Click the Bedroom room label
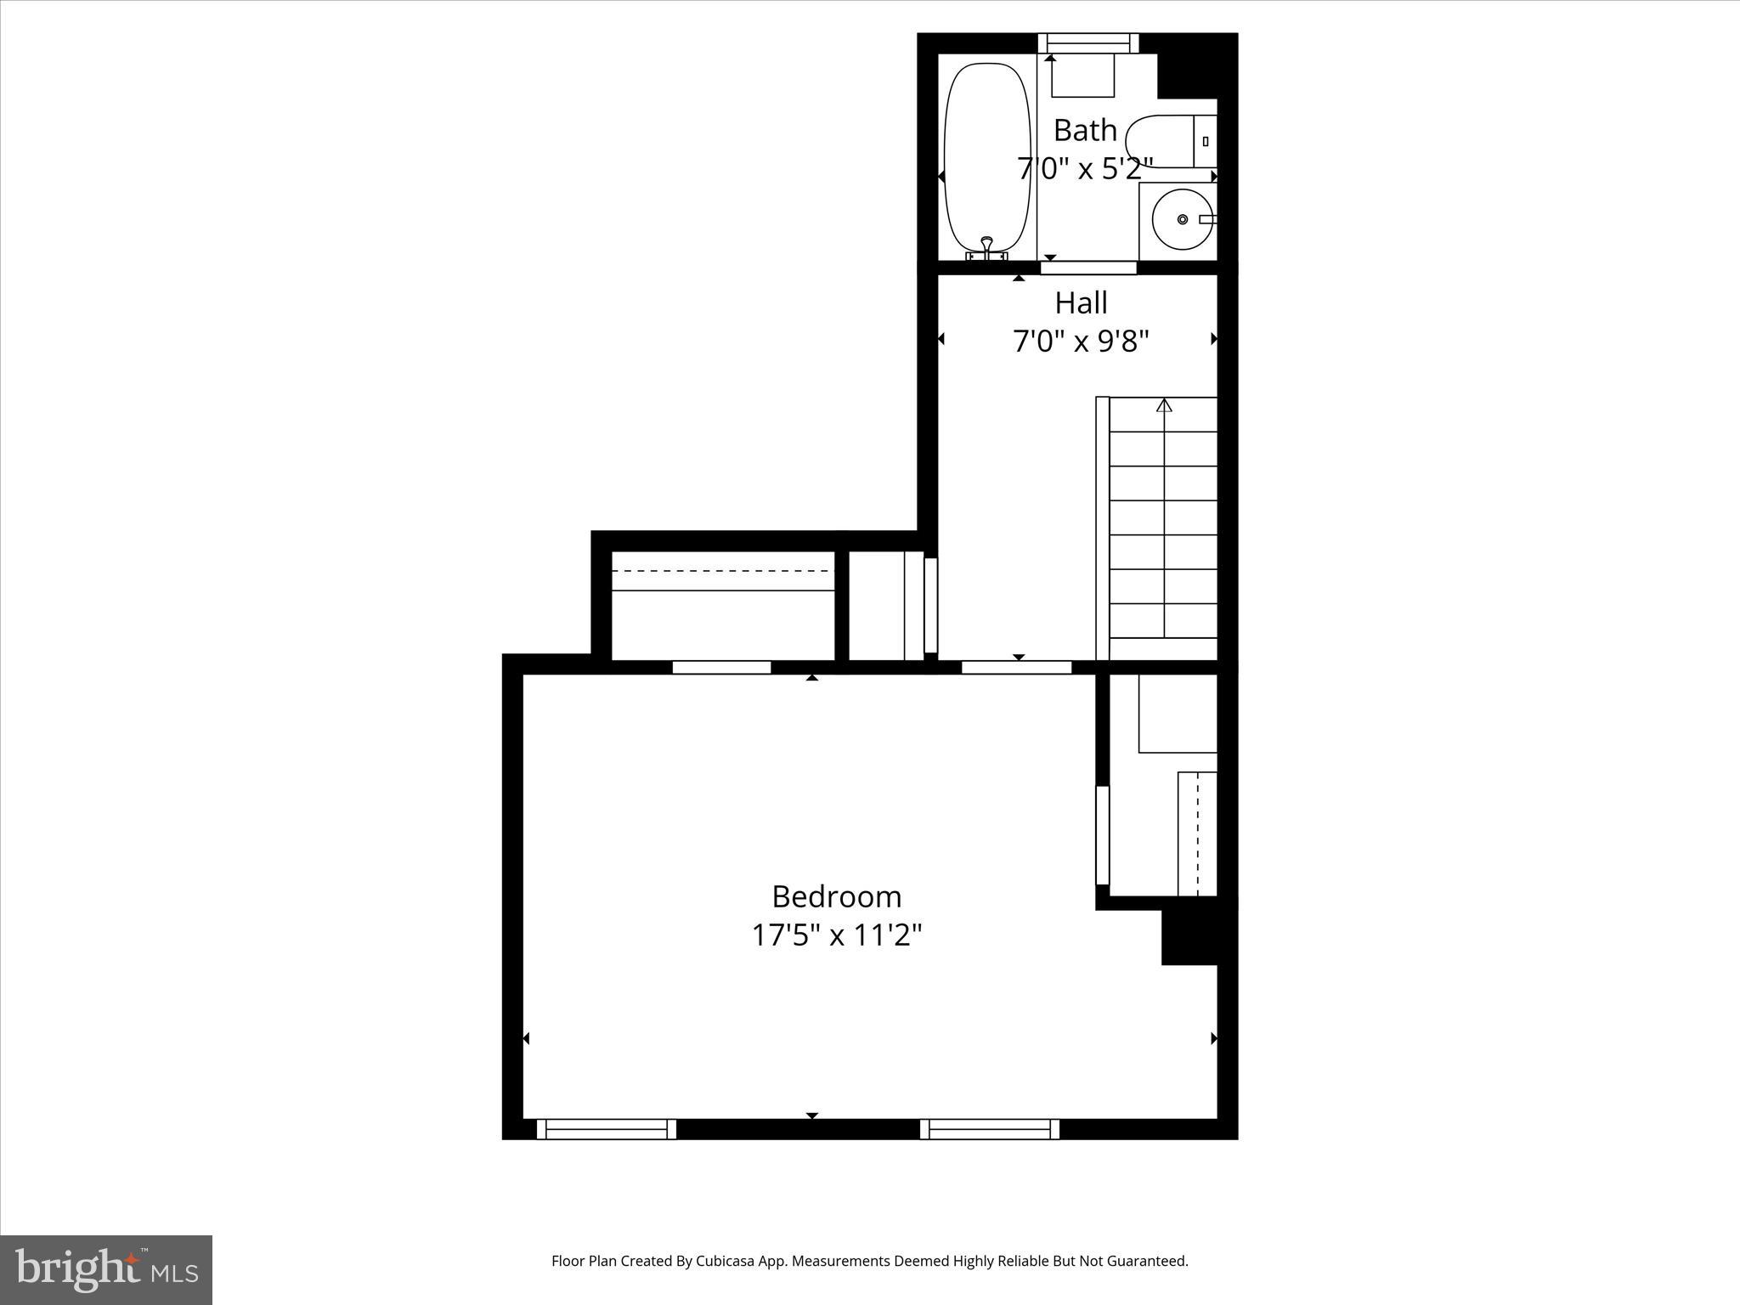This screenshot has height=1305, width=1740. point(836,897)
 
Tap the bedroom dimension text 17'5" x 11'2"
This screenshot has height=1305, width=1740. point(836,936)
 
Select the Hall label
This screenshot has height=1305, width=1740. point(1081,303)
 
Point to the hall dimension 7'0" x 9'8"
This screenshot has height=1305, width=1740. point(1081,342)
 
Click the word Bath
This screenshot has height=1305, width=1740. point(1085,131)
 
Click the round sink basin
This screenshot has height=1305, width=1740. point(1182,219)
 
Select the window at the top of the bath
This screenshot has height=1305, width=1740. point(1087,42)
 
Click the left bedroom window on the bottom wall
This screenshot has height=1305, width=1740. point(606,1129)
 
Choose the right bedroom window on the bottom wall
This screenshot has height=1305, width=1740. point(990,1129)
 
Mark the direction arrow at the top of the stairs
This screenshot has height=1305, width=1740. point(1164,405)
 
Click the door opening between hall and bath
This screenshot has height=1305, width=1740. point(1088,268)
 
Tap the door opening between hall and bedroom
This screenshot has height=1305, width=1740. point(1016,667)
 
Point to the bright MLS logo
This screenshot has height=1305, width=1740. point(106,1269)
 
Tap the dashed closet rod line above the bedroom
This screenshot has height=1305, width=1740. point(722,571)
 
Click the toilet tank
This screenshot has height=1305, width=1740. point(1206,141)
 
